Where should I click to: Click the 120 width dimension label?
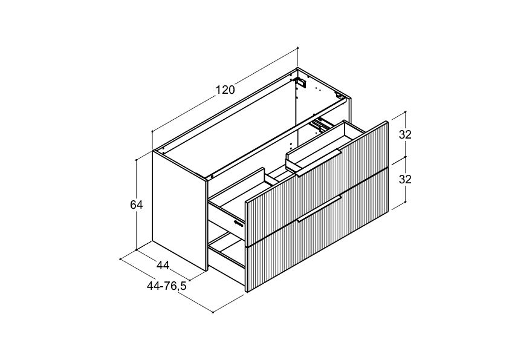(225, 90)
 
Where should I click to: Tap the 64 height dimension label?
(137, 205)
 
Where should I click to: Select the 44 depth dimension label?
(163, 266)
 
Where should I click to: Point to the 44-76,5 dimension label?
(166, 286)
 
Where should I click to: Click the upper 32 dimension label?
(405, 134)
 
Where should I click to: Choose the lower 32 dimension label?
(405, 179)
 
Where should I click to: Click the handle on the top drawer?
(319, 163)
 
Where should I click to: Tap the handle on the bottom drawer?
(319, 209)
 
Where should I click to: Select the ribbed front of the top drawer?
(317, 183)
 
